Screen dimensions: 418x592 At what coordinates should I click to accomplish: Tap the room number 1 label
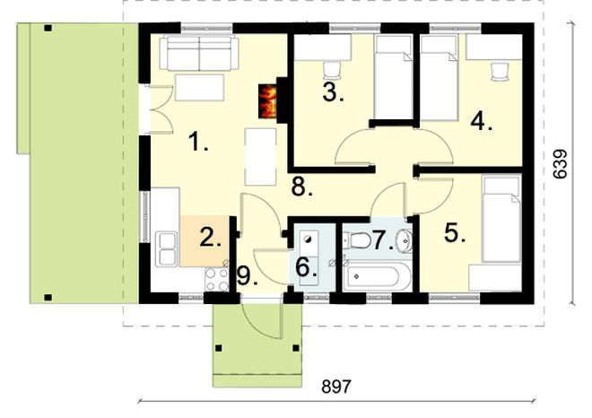coord(198,142)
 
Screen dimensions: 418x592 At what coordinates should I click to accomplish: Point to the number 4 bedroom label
coord(482,123)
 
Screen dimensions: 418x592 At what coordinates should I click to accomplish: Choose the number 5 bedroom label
coord(455,233)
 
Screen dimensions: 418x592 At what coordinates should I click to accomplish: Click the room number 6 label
coord(305,266)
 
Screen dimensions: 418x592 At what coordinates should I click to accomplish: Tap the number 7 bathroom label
coord(382,240)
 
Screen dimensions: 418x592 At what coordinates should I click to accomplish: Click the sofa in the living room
coord(198,54)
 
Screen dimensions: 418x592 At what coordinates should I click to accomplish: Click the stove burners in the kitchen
coord(217,278)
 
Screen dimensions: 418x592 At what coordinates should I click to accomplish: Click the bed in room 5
coord(500,231)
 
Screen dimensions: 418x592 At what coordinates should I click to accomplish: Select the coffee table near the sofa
coord(199,88)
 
